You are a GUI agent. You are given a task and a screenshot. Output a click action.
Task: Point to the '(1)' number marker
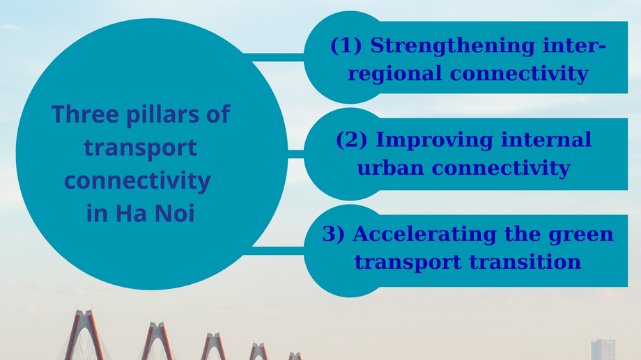coord(346,46)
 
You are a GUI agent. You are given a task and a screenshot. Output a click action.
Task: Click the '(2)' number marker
coord(352,140)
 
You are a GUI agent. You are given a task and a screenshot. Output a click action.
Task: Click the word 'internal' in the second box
coord(546,140)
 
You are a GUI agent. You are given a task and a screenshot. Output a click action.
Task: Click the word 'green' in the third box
coord(583,234)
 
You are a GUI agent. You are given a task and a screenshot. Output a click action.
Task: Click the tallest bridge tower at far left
coord(84,334)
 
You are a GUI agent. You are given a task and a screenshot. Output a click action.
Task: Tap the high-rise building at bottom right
coord(603,350)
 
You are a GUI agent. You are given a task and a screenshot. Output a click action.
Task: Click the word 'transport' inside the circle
coord(140,147)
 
